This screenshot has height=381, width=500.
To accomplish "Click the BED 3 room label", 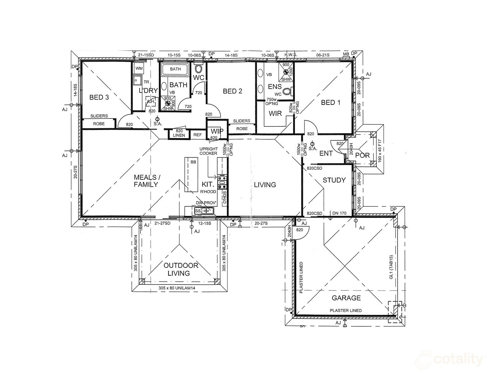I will point(99,97).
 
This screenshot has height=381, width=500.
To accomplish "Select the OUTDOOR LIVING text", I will point(181,269).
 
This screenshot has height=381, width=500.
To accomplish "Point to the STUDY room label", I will point(334,180).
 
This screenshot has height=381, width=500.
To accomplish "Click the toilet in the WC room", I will point(198,68).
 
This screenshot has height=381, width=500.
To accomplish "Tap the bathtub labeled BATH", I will point(175,69).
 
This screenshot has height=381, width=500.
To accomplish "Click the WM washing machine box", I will point(139,68).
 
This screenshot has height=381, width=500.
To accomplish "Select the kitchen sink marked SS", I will point(198,211).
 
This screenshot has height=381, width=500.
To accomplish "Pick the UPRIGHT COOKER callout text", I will point(209,151).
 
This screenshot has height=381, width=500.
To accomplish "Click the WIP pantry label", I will point(217,131).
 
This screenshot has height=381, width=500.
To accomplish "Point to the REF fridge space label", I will point(197,135).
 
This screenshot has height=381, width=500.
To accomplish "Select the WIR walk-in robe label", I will point(275,113).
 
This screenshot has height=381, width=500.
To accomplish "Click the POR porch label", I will point(362,155).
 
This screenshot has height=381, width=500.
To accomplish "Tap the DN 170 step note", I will point(339,213).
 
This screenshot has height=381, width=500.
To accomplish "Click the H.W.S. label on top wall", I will point(291,55).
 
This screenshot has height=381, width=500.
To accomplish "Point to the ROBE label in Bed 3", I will point(99,124).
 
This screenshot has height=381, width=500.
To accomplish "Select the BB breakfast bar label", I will point(193,162).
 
